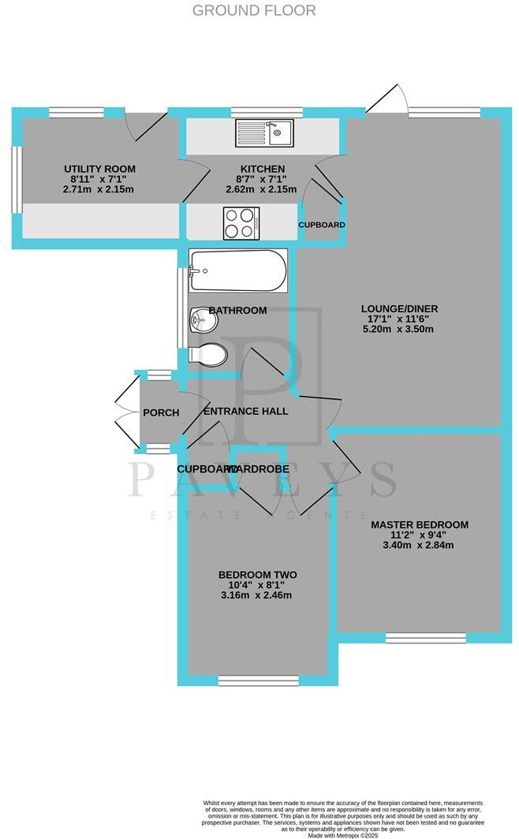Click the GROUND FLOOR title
254,10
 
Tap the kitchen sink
265,133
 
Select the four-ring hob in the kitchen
243,222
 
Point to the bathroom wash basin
202,321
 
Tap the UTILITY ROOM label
99,169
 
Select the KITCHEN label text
262,170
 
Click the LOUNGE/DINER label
399,308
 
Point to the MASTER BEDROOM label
419,524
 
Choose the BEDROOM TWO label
257,574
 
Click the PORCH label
161,412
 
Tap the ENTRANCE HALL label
246,411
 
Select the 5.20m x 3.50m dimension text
398,329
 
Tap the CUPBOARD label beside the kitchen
322,225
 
